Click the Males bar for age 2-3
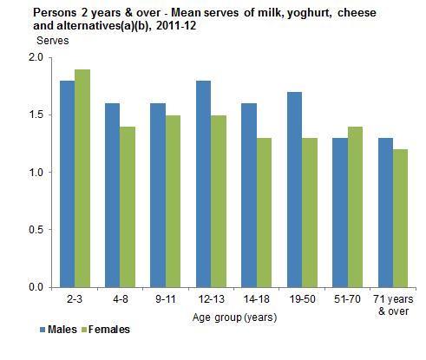(x=68, y=184)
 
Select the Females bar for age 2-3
(x=82, y=178)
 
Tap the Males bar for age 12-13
(x=203, y=184)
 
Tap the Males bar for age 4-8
(x=113, y=195)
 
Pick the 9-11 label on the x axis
(x=165, y=299)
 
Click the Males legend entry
(x=59, y=330)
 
